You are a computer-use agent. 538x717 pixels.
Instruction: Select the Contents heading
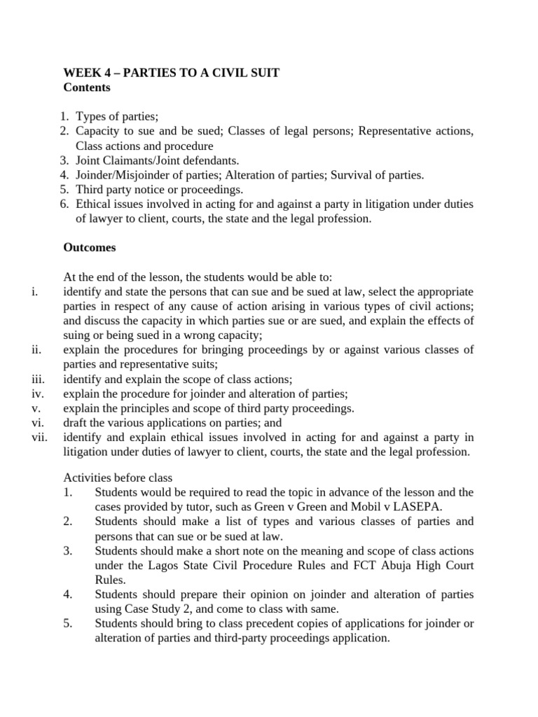point(87,88)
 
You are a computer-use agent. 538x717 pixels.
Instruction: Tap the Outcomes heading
point(90,247)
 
